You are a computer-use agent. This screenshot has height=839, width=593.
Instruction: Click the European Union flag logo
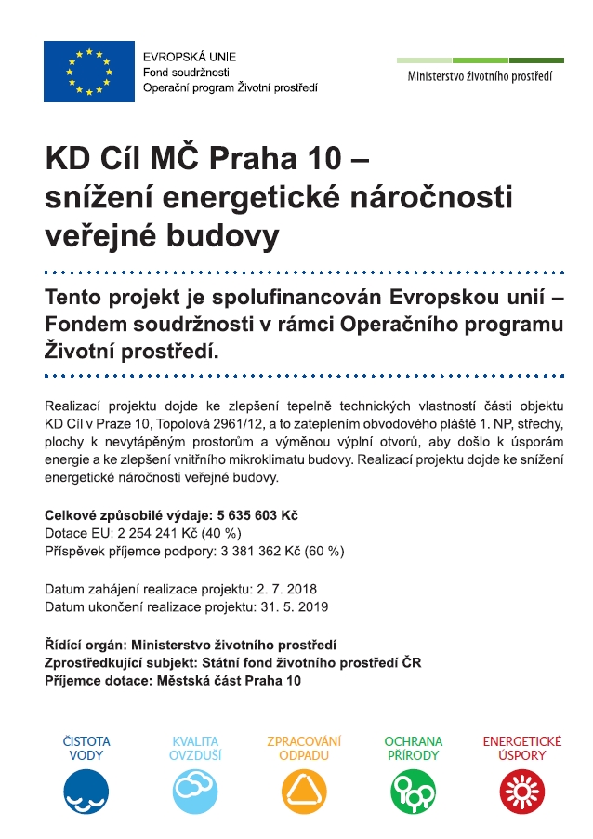[x=88, y=72]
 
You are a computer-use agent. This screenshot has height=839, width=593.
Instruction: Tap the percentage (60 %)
[x=323, y=551]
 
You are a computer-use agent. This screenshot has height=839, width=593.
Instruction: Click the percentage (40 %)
[x=220, y=533]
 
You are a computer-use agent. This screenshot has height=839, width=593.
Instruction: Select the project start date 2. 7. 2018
[x=287, y=590]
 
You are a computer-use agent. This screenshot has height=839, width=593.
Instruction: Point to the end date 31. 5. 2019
[x=294, y=607]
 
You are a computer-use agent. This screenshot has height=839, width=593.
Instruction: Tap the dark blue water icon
[x=86, y=792]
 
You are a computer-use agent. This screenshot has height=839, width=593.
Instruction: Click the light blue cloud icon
[x=195, y=792]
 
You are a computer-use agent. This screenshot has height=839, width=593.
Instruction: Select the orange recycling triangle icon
[x=304, y=792]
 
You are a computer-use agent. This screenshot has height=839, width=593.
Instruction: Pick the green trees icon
[x=414, y=792]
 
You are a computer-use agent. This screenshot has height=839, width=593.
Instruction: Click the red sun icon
[x=522, y=792]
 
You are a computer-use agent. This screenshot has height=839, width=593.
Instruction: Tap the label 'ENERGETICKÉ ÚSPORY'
[x=522, y=749]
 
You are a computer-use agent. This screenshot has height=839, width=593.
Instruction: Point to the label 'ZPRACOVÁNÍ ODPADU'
[x=304, y=749]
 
